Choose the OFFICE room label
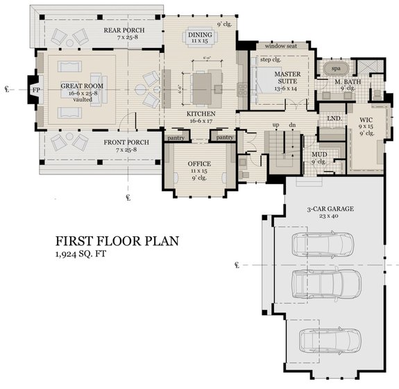coord(199,165)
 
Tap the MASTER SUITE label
coord(286,74)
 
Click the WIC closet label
coord(366,120)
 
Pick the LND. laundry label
coord(332,119)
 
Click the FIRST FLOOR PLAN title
coord(117,242)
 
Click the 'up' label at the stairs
coord(276,124)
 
